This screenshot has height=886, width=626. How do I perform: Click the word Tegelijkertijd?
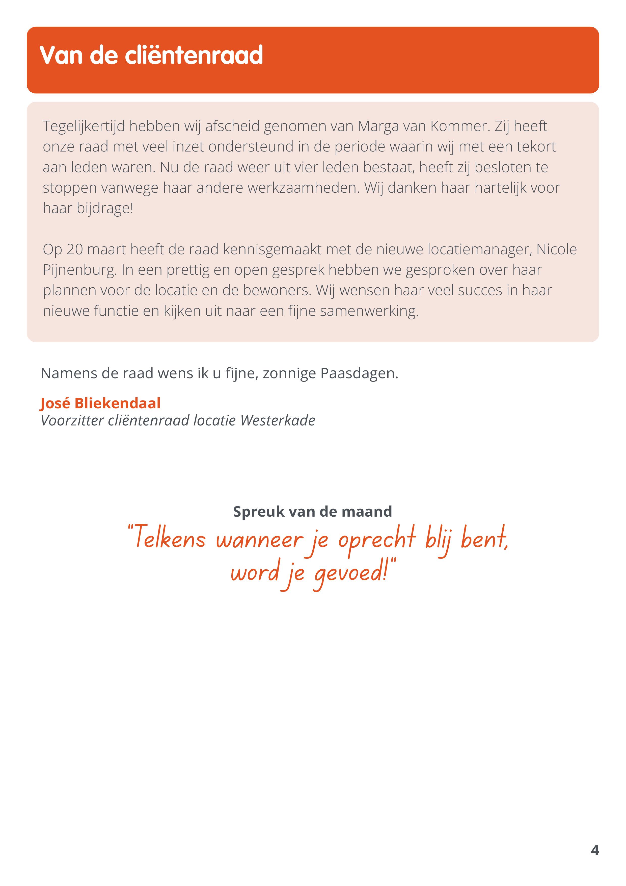point(84,126)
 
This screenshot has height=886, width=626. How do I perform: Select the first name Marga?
point(378,126)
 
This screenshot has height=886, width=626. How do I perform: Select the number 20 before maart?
point(74,249)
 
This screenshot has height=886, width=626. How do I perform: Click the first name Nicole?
point(557,249)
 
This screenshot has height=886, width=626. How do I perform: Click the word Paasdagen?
point(359,373)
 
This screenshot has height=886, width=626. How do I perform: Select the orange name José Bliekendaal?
point(100,403)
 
